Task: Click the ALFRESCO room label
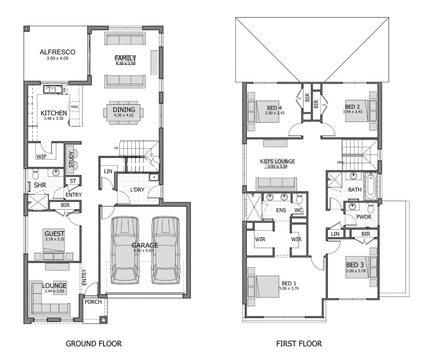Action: [x=58, y=52]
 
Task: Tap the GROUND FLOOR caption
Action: [x=94, y=344]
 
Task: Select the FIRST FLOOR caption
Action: [x=299, y=344]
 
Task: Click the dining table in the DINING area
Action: [x=123, y=112]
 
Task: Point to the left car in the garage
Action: [x=125, y=250]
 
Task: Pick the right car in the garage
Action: [x=166, y=250]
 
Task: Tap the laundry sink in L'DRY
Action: [x=154, y=178]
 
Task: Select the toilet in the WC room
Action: [x=299, y=198]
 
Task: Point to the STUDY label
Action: [x=71, y=160]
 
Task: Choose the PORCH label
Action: [x=93, y=301]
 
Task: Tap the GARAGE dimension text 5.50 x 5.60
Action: [x=143, y=250]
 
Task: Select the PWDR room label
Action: [x=364, y=217]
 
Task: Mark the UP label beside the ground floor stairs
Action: [x=116, y=148]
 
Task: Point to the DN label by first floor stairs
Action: [x=340, y=162]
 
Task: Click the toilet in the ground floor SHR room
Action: [x=36, y=174]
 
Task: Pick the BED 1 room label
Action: [x=289, y=283]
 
